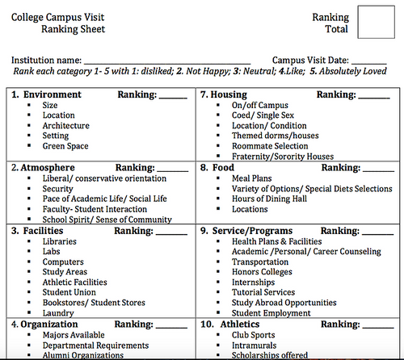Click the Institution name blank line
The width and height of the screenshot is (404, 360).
pos(166,61)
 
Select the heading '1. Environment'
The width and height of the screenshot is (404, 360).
pos(45,95)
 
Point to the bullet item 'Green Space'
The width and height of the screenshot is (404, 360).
pos(65,146)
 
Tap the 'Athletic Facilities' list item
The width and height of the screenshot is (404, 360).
pos(74,283)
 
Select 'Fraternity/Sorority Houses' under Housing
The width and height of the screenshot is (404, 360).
pos(282,157)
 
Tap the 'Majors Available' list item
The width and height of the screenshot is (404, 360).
pos(73,334)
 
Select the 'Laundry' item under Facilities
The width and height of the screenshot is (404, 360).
pos(59,313)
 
